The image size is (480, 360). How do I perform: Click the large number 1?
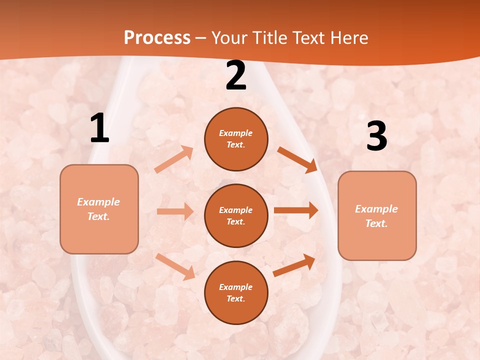click(99, 129)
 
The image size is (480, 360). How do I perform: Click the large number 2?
click(236, 76)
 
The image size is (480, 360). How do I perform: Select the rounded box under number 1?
click(99, 209)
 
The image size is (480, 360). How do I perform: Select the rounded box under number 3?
click(377, 215)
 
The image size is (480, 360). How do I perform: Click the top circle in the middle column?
click(236, 139)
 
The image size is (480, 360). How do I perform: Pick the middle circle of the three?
click(236, 215)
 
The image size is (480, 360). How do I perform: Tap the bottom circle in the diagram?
click(236, 292)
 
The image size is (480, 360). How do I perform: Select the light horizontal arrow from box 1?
click(175, 211)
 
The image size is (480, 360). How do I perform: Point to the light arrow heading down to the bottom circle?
click(175, 266)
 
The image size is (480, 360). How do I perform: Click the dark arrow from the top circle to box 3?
click(297, 159)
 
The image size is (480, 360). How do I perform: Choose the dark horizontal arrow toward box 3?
click(296, 210)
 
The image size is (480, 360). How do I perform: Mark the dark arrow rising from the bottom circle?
click(294, 265)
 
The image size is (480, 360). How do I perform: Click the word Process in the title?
click(157, 37)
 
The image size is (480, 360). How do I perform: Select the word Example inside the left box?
click(98, 202)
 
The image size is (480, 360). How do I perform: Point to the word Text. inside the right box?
click(376, 223)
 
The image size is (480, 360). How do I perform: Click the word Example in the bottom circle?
click(236, 287)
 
